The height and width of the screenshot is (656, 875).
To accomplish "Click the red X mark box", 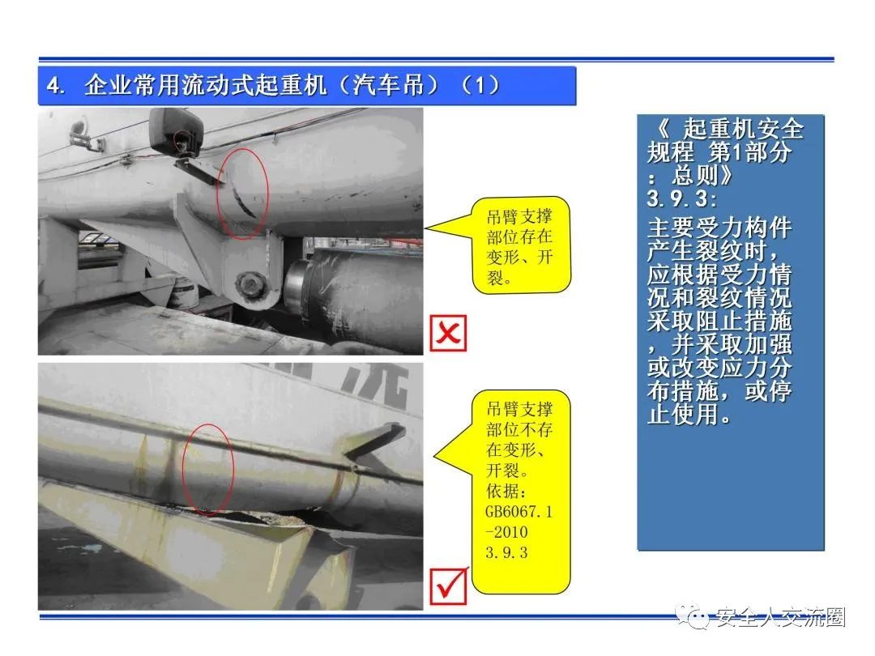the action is tap(448, 333).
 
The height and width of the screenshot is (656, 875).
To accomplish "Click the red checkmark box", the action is tap(449, 586).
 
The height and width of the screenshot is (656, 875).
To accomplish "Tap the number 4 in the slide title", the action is tap(54, 86).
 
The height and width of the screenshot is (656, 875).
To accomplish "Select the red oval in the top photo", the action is tap(242, 193).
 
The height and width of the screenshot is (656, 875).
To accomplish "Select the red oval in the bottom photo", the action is tap(208, 468).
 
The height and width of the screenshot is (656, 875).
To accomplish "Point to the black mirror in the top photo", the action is tap(176, 132).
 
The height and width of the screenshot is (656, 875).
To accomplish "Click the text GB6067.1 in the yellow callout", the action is tap(519, 512).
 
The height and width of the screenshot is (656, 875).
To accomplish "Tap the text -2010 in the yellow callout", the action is tap(506, 532).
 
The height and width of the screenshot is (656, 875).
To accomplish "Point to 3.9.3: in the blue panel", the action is tap(682, 198).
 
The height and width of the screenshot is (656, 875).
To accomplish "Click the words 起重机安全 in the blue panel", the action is tap(743, 129).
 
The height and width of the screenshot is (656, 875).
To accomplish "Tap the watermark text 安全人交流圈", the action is tap(781, 617).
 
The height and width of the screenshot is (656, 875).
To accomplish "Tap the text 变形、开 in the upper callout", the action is tap(519, 258).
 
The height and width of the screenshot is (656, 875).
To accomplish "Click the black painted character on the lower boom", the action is tap(375, 386).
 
